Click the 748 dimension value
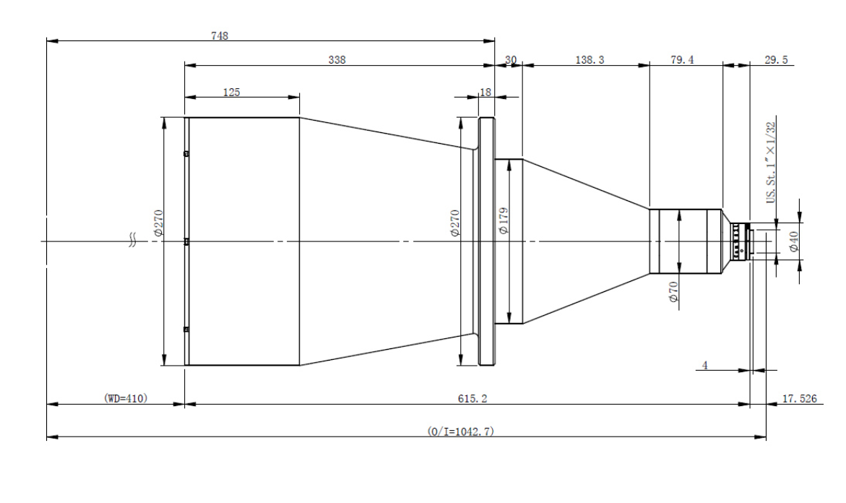coord(220,35)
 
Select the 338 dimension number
coord(337,60)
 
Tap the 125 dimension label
coord(231,93)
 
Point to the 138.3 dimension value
coord(590,60)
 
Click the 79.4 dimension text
coord(682,60)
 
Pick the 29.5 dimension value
coord(776,60)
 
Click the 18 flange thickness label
coord(485,93)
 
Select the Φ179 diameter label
coord(504,220)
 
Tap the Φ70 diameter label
coord(673,291)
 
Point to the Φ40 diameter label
coord(794,241)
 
